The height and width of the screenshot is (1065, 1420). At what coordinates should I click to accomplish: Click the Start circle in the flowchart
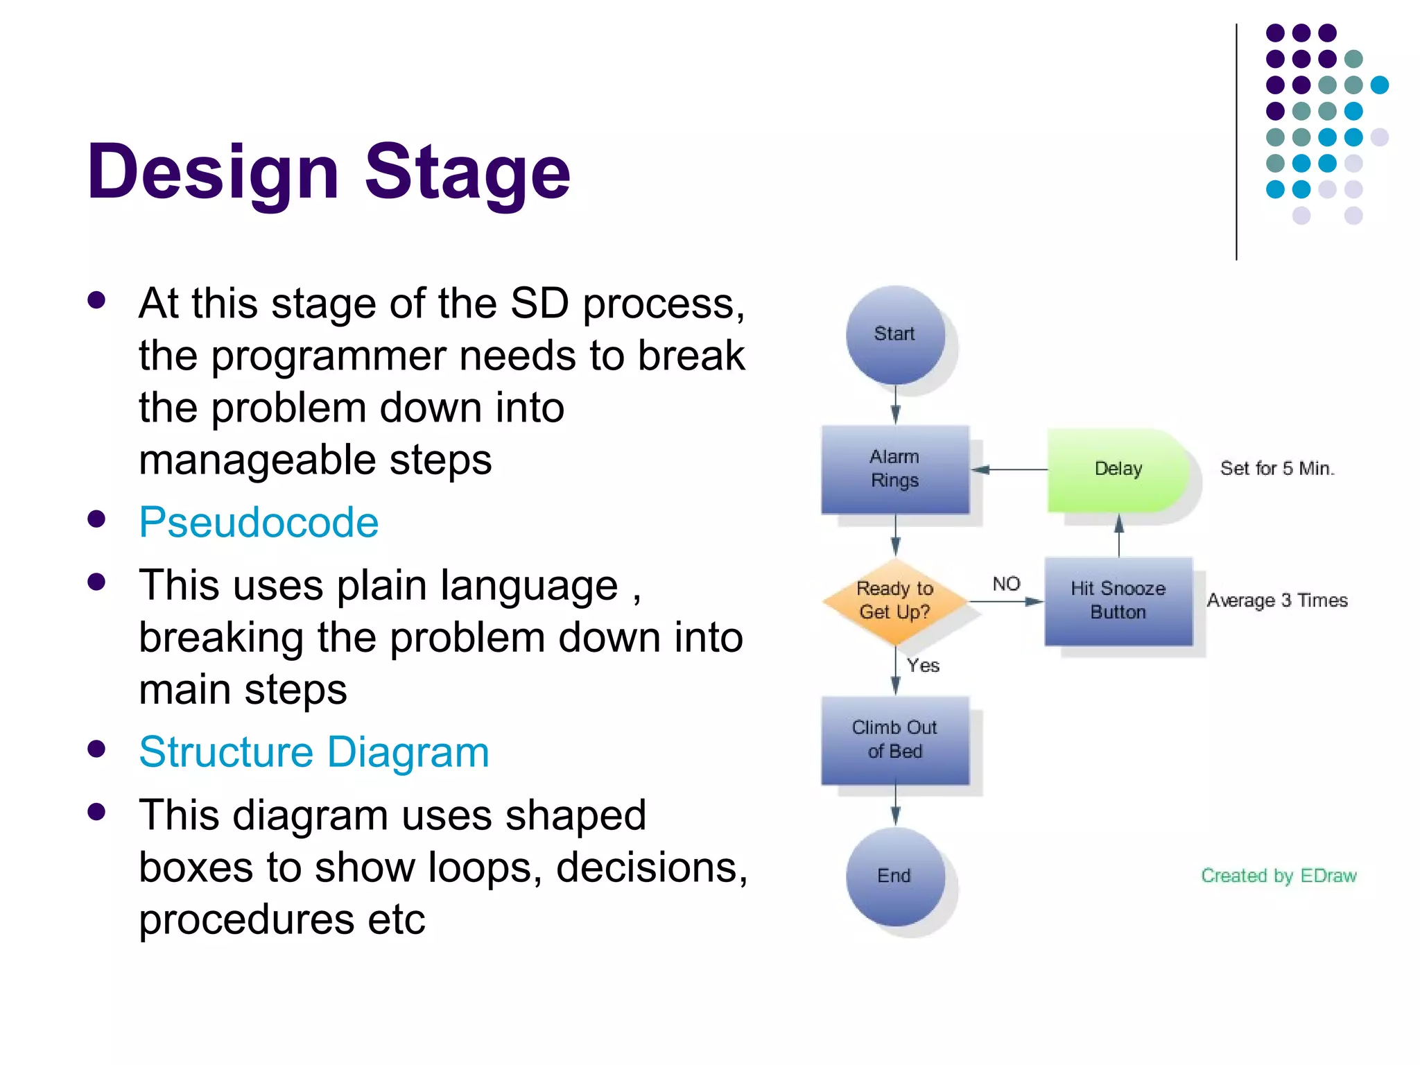click(x=894, y=335)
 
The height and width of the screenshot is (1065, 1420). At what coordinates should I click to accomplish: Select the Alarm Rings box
click(x=894, y=469)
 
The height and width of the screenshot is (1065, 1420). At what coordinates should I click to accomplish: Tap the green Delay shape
click(x=1117, y=469)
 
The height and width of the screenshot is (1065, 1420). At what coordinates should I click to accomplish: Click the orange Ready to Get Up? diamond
click(x=894, y=600)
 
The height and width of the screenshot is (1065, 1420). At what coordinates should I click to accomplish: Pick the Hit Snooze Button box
click(x=1118, y=600)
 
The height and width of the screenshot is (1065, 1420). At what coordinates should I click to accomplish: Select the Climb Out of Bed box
click(x=894, y=740)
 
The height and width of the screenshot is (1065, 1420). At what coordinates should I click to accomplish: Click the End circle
click(x=894, y=876)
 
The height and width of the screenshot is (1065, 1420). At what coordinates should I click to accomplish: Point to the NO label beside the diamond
click(x=1006, y=584)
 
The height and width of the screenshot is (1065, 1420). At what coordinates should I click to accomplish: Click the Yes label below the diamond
click(x=924, y=666)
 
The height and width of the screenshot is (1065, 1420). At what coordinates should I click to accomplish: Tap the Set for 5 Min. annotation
click(x=1276, y=469)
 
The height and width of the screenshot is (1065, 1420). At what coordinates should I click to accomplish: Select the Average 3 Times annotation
click(x=1277, y=600)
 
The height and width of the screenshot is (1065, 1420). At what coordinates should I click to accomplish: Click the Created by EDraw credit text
click(x=1278, y=876)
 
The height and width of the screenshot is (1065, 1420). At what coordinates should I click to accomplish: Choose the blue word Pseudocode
click(x=259, y=522)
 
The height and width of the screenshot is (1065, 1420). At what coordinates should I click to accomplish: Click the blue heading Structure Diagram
click(x=314, y=752)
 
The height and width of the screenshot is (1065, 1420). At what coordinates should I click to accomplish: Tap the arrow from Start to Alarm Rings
click(x=895, y=405)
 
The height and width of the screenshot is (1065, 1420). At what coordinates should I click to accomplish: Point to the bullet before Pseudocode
click(x=97, y=519)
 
